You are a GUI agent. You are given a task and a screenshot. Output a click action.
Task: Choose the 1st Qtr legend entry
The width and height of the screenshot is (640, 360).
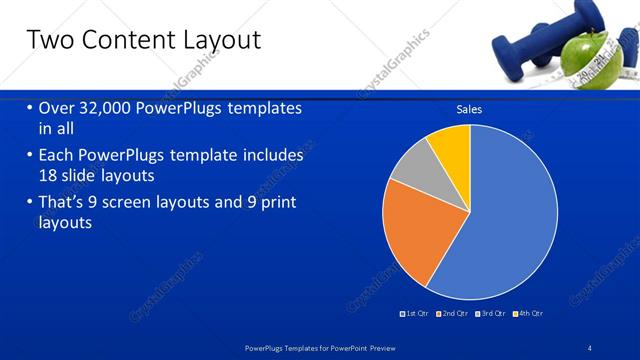[416, 313]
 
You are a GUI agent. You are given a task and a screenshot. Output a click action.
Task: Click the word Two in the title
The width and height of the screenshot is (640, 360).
[49, 41]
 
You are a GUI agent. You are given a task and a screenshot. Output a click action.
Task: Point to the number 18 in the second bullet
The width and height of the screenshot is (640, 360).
[49, 175]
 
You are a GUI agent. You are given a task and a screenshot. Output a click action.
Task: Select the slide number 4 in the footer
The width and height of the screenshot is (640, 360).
[590, 347]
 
